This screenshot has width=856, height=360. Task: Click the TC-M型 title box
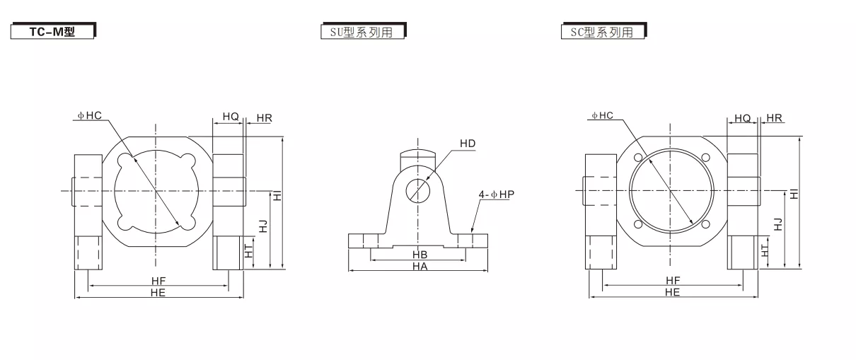(53, 32)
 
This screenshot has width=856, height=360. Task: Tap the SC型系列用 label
(603, 32)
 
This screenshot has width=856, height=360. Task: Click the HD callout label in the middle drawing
(468, 144)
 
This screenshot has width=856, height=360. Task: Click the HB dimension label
(420, 254)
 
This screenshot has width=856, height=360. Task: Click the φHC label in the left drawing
(90, 115)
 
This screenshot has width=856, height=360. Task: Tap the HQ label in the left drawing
(230, 115)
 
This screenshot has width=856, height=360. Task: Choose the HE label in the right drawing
(672, 291)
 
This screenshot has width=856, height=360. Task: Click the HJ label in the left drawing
(263, 226)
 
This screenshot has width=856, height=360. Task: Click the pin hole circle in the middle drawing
(417, 190)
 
